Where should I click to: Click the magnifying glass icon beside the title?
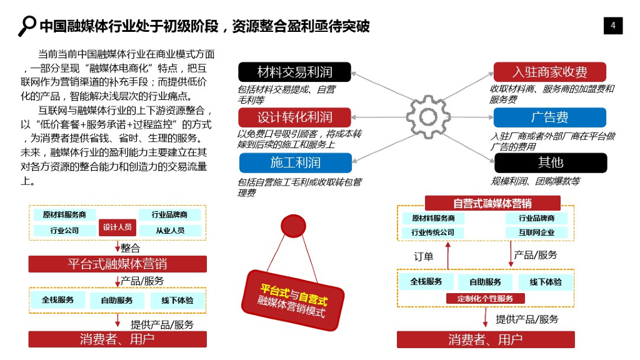27,25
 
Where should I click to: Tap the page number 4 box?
613,26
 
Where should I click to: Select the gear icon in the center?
428,117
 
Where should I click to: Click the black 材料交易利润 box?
294,71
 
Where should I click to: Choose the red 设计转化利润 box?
294,117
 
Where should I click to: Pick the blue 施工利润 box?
294,162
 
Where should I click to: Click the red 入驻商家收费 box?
550,71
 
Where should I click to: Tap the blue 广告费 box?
550,117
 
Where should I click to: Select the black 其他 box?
550,162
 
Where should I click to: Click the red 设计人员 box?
117,227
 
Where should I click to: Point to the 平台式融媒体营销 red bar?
117,264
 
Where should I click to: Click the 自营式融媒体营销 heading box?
492,203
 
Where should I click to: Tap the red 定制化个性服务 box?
486,299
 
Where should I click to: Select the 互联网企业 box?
536,232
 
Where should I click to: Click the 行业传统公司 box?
432,232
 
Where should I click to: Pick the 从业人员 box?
170,230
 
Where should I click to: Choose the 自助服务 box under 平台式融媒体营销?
117,300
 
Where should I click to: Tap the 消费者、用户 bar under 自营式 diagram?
486,340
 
